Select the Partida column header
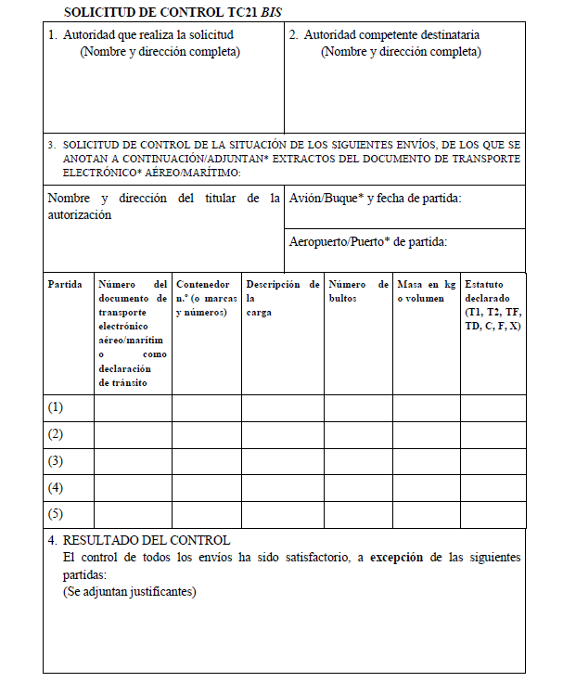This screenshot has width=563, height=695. pyautogui.click(x=65, y=284)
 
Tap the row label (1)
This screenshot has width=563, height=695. pyautogui.click(x=56, y=407)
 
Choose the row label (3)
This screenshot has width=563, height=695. pyautogui.click(x=56, y=461)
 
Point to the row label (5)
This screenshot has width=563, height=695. pyautogui.click(x=56, y=514)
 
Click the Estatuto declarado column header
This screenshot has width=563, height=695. pyautogui.click(x=493, y=305)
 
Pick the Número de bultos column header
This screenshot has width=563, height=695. pyautogui.click(x=358, y=291)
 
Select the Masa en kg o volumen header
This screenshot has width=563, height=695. pyautogui.click(x=426, y=291)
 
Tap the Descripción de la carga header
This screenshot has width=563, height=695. pyautogui.click(x=282, y=298)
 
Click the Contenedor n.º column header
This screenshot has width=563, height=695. pyautogui.click(x=206, y=298)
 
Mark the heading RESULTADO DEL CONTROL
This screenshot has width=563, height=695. pyautogui.click(x=147, y=540)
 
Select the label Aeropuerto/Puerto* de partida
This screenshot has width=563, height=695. pyautogui.click(x=368, y=242)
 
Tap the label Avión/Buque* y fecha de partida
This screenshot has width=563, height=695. pyautogui.click(x=375, y=199)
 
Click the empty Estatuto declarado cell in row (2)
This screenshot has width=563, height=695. pyautogui.click(x=493, y=434)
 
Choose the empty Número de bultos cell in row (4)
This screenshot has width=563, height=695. pyautogui.click(x=358, y=487)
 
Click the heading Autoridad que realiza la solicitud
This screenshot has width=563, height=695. pyautogui.click(x=147, y=34)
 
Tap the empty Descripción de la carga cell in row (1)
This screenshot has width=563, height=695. pyautogui.click(x=282, y=407)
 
